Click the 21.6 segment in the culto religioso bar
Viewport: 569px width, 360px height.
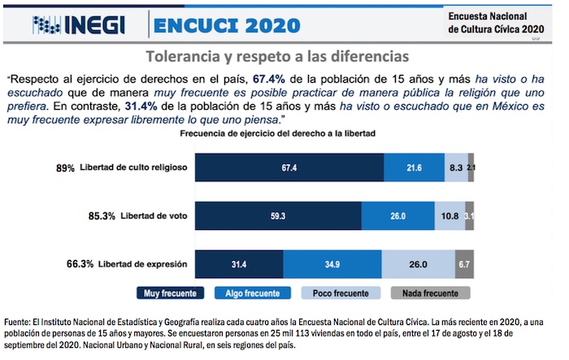click(x=413, y=167)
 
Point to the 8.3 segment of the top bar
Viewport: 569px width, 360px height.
click(x=455, y=167)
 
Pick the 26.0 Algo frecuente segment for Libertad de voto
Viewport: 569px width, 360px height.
click(x=398, y=216)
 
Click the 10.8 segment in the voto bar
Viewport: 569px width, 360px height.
click(x=450, y=216)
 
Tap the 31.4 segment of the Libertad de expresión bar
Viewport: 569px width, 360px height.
click(x=239, y=265)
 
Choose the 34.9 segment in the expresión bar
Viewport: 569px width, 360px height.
click(x=332, y=265)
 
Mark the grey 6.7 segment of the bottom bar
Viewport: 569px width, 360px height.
click(x=464, y=265)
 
